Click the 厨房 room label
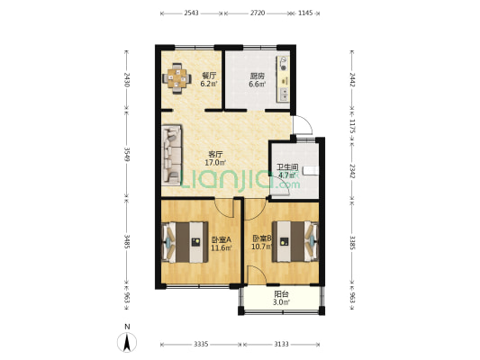click(x=257, y=76)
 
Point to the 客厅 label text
click(x=215, y=154)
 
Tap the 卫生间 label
click(x=287, y=166)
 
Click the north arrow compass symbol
click(x=127, y=341)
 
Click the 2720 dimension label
click(x=257, y=13)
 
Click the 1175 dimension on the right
click(x=353, y=128)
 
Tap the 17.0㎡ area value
click(x=216, y=163)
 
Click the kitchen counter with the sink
click(x=285, y=76)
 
